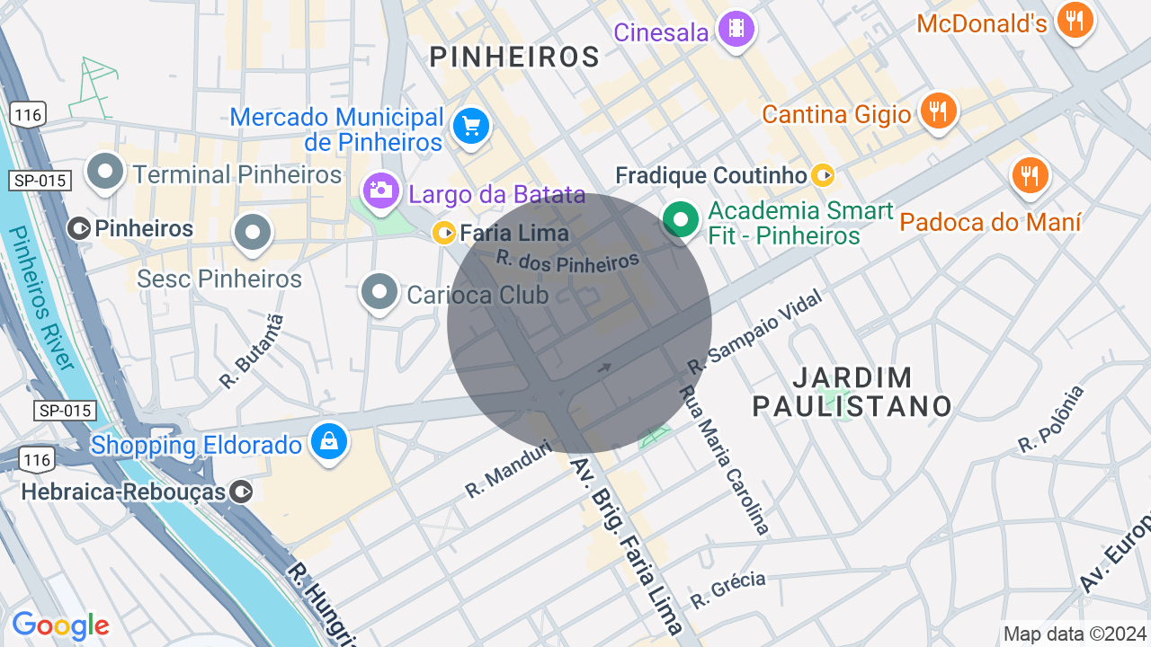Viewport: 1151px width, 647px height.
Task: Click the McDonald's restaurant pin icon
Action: click(1075, 19)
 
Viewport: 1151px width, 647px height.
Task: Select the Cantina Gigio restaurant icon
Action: click(939, 111)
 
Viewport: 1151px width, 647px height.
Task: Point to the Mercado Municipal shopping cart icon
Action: click(470, 126)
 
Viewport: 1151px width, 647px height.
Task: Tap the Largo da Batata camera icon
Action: click(380, 191)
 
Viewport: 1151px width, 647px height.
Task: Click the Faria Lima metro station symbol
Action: click(444, 234)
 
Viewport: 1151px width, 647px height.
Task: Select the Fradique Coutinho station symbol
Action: click(822, 175)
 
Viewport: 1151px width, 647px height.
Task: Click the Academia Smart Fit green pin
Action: click(682, 219)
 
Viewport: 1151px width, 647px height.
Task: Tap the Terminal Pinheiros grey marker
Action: click(105, 170)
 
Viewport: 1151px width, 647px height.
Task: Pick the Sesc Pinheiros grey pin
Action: click(253, 233)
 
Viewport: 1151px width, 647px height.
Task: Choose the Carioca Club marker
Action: click(379, 291)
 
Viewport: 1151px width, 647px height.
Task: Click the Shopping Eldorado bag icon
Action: click(329, 441)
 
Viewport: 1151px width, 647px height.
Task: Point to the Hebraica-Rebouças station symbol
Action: click(241, 492)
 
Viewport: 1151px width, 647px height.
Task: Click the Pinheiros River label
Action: click(40, 297)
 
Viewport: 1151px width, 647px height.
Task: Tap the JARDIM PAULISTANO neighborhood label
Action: click(852, 392)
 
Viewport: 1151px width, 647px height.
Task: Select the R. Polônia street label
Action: click(1051, 419)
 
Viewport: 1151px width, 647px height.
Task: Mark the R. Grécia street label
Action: click(727, 589)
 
